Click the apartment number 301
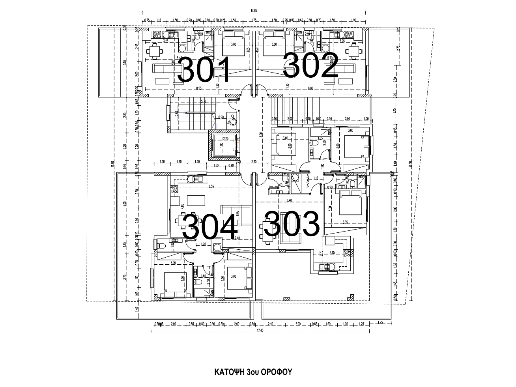[x=204, y=70]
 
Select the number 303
[x=292, y=224]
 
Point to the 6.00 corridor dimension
[x=261, y=135]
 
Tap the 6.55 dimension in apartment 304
[x=211, y=187]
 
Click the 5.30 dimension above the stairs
[x=204, y=102]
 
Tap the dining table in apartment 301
[x=154, y=51]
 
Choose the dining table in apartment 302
[x=353, y=51]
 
